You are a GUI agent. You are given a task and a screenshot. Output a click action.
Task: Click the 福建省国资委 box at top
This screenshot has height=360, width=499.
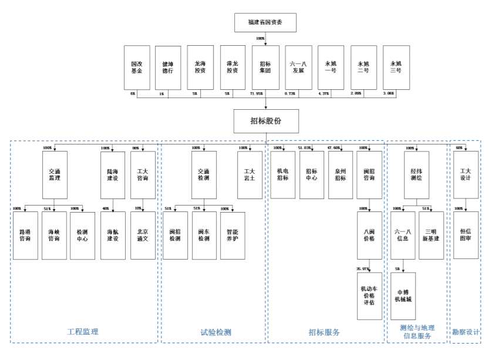(x=265, y=22)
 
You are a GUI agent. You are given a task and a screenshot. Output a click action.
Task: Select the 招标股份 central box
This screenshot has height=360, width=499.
(x=266, y=121)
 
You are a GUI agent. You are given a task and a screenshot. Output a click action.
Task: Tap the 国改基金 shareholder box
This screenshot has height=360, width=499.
(x=136, y=67)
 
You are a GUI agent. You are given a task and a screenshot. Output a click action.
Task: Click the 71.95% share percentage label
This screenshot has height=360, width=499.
(x=256, y=93)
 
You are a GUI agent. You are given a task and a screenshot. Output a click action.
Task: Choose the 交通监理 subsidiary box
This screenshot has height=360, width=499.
(x=55, y=174)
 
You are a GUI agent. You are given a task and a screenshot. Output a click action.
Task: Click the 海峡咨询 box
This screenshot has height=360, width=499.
(x=54, y=235)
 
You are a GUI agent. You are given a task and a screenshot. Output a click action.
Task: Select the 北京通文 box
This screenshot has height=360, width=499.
(x=143, y=235)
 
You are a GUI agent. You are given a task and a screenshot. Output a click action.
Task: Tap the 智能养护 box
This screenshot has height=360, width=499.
(x=232, y=235)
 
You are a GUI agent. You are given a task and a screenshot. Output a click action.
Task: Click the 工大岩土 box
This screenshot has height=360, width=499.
(x=249, y=174)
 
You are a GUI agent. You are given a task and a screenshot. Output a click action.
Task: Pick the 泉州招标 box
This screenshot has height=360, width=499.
(x=340, y=174)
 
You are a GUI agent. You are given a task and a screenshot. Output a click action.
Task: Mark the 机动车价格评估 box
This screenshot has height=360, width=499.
(x=369, y=296)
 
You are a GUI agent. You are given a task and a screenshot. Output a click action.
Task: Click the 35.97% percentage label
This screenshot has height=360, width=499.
(x=362, y=269)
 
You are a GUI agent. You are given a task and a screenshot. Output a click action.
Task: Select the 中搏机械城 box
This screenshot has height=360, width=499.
(x=403, y=296)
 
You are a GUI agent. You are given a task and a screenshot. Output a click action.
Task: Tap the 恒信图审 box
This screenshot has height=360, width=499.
(x=466, y=235)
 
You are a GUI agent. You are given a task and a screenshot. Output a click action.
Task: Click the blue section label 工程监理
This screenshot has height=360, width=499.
(x=83, y=332)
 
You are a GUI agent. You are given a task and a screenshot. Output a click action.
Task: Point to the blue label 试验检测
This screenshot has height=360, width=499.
(x=215, y=332)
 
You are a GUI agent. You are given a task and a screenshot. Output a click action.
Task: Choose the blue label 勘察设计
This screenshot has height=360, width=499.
(x=466, y=332)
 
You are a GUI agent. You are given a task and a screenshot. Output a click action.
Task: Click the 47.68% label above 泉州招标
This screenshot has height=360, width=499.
(x=334, y=148)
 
